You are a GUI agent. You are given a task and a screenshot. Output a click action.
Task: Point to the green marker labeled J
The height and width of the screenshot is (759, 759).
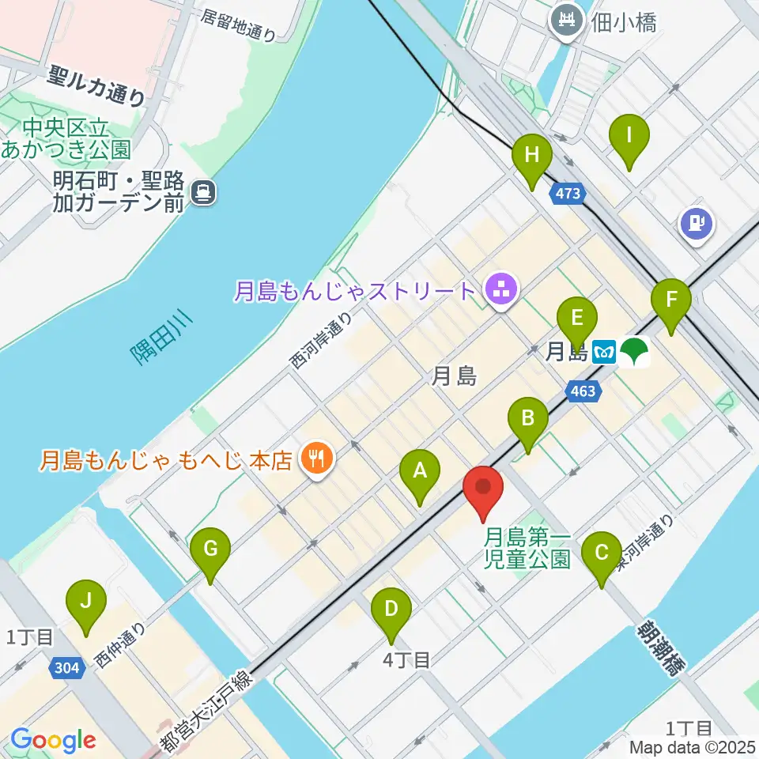86,606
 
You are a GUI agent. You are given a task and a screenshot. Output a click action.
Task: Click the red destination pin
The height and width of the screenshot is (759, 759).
482,490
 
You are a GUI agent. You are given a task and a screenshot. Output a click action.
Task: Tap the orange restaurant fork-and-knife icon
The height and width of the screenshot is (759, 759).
318,457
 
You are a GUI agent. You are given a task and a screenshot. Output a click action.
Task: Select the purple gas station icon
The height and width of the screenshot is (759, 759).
697,224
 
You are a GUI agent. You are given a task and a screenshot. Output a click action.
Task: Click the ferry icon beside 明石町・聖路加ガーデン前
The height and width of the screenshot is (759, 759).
204,191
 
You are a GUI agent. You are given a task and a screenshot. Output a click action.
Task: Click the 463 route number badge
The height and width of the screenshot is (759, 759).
583,390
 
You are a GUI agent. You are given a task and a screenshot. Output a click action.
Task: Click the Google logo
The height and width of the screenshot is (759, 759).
53,740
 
